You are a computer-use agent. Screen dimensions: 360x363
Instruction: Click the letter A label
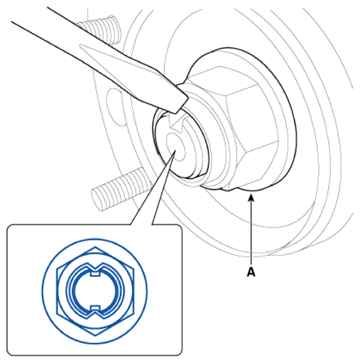pos(251,272)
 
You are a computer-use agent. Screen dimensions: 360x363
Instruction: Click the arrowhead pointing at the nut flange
pos(251,197)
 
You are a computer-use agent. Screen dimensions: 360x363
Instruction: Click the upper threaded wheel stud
pos(99,29)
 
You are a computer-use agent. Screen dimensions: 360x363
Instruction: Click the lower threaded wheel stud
pos(121,189)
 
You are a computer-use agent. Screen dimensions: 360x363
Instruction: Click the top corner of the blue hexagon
pos(95,246)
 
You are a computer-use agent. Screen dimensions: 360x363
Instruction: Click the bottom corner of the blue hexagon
pos(95,335)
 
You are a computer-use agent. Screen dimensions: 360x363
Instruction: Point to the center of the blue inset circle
pos(95,291)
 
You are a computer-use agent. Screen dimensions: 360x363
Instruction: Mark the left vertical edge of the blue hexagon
pos(57,291)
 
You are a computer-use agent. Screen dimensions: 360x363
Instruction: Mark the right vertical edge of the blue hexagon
pos(133,291)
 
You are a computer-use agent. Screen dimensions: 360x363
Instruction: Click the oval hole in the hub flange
pos(115,107)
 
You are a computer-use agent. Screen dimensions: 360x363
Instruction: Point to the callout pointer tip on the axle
pos(175,151)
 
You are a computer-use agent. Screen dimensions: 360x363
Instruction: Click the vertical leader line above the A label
pos(251,233)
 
